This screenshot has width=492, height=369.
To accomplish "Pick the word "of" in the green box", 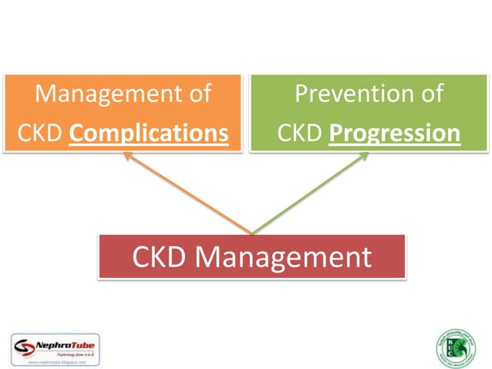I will point(430,94).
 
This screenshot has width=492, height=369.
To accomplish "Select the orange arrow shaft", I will point(189,194).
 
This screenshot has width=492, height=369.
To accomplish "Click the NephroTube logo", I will point(56,347).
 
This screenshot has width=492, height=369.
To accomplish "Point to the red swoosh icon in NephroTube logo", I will point(25,344).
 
